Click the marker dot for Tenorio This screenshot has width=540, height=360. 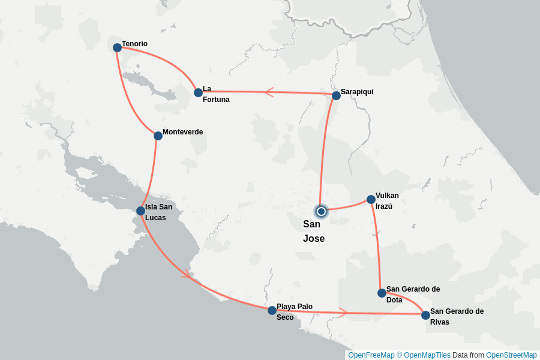click(117, 47)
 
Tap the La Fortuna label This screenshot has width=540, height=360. click(215, 94)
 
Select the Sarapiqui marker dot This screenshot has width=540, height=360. click(336, 95)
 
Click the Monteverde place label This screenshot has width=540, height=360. click(182, 132)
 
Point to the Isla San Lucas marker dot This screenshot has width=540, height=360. click(140, 211)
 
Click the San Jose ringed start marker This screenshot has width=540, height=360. click(321, 211)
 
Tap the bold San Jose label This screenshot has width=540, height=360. click(314, 231)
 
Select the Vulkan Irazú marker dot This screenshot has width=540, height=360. click(371, 199)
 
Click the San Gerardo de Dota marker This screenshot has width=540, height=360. click(382, 293)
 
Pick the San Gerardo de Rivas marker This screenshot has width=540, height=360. click(425, 315)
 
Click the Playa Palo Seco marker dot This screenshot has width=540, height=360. click(272, 310)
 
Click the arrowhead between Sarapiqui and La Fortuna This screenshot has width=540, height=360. click(269, 92)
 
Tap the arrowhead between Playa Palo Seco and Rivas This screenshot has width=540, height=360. click(343, 312)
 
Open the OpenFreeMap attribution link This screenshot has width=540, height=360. click(371, 355)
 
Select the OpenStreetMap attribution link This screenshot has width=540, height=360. click(511, 355)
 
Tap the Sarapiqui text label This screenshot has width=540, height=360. click(357, 92)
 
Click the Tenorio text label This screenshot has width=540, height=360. click(134, 44)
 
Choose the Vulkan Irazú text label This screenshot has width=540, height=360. click(387, 200)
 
